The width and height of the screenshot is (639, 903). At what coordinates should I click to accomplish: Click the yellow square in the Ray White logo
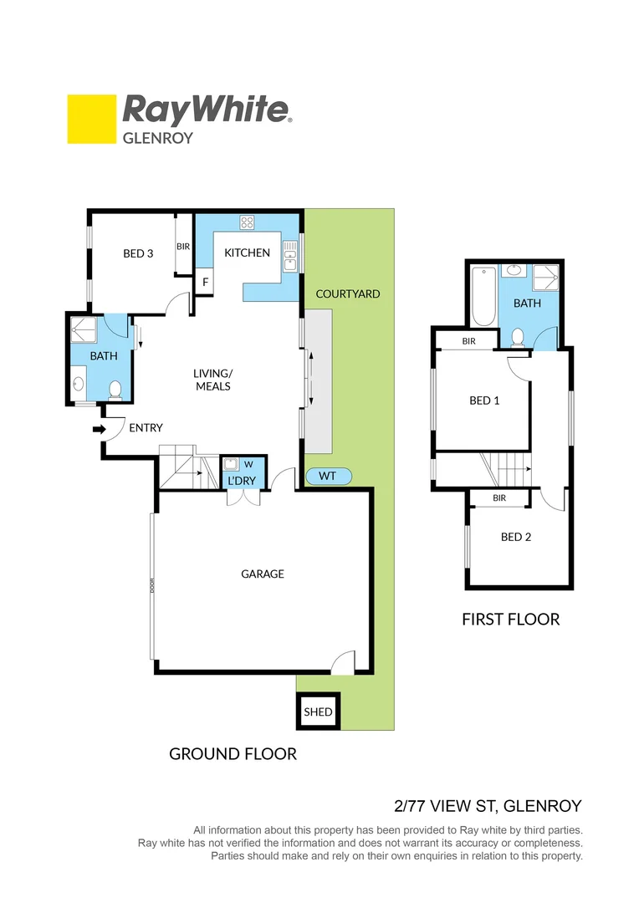(x=91, y=119)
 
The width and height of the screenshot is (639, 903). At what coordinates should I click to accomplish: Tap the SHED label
(x=318, y=712)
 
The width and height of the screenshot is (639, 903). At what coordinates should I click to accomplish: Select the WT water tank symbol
(x=328, y=476)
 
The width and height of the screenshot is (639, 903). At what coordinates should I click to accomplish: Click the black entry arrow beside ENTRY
(x=98, y=429)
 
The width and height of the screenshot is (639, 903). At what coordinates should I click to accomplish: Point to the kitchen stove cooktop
(x=248, y=222)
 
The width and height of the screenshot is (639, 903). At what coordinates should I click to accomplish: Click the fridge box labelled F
(x=205, y=283)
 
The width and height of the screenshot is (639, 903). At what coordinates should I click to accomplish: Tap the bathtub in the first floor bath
(x=484, y=297)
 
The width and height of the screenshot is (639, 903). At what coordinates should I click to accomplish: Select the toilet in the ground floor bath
(x=115, y=389)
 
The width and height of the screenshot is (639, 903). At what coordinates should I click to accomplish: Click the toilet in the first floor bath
(x=517, y=337)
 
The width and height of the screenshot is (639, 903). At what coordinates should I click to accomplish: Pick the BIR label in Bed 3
(x=183, y=247)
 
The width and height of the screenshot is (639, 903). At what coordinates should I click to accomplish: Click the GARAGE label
(x=263, y=574)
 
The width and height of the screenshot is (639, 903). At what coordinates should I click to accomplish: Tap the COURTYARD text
(x=348, y=293)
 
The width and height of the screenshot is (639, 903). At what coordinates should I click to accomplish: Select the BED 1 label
(x=484, y=400)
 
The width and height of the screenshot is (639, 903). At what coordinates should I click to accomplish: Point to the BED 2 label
(x=516, y=537)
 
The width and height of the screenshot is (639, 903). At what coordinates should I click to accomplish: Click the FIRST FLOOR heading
(x=510, y=619)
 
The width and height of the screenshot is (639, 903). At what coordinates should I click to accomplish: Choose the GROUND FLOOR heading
(x=233, y=753)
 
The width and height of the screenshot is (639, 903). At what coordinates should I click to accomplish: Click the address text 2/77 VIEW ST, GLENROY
(x=487, y=806)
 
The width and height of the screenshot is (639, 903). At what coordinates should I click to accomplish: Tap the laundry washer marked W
(x=248, y=464)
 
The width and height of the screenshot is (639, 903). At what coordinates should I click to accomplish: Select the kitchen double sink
(x=289, y=257)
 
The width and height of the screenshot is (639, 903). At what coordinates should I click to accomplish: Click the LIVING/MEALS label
(x=212, y=380)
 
